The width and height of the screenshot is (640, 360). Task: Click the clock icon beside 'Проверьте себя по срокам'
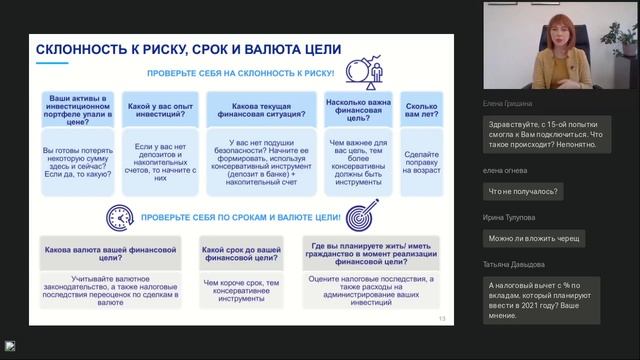click(118, 217)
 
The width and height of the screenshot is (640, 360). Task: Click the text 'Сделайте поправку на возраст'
click(421, 163)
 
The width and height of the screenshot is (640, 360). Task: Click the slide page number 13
click(442, 319)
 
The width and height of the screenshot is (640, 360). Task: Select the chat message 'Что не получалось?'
click(522, 190)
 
